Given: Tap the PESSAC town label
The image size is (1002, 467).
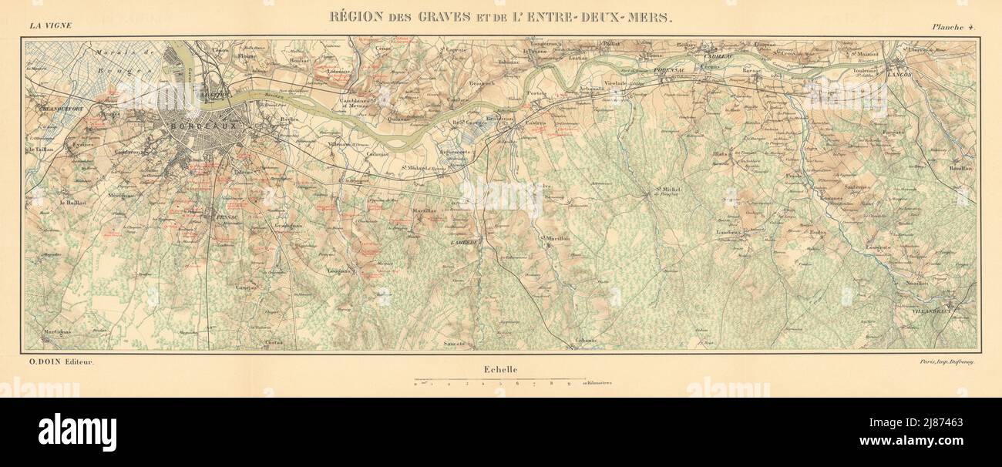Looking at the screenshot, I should click(x=225, y=218).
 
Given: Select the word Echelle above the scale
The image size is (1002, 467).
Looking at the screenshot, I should click(x=501, y=370).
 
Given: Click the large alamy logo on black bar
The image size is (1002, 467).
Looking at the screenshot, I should click(x=77, y=432).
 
